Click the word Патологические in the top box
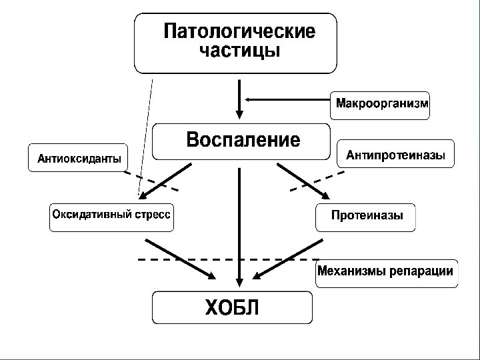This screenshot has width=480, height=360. pyautogui.click(x=240, y=31)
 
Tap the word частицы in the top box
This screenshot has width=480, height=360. pyautogui.click(x=240, y=51)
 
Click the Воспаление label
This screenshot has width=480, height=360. pyautogui.click(x=243, y=141)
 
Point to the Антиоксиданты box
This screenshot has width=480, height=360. pyautogui.click(x=79, y=159)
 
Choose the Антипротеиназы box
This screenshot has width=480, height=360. pyautogui.click(x=396, y=155)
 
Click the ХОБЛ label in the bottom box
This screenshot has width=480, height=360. pyautogui.click(x=231, y=308)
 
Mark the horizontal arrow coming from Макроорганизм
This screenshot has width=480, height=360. pyautogui.click(x=287, y=99)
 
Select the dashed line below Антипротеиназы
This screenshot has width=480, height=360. pyautogui.click(x=317, y=181)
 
